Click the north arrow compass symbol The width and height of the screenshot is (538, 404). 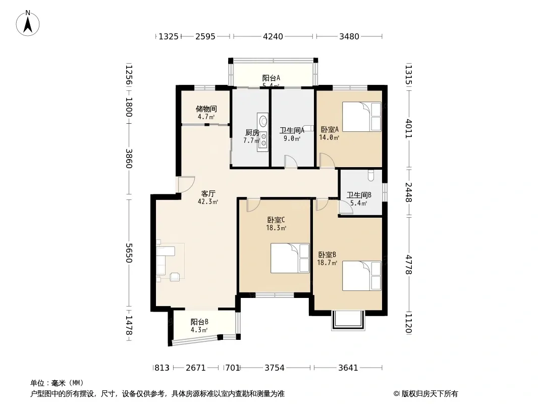(28, 23)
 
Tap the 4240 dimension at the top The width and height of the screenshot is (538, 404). (273, 36)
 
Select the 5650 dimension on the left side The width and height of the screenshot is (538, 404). (129, 253)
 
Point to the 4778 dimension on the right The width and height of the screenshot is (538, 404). (408, 264)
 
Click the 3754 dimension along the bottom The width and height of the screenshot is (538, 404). (275, 368)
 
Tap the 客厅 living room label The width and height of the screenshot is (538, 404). (208, 193)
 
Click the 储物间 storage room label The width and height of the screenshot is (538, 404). (206, 109)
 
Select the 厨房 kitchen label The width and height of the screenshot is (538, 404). (252, 132)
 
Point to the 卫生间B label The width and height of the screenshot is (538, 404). (359, 195)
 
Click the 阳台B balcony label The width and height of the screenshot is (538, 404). (199, 322)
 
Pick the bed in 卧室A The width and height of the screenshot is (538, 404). (362, 117)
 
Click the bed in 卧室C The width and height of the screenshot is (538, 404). (290, 258)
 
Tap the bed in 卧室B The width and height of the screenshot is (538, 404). (362, 276)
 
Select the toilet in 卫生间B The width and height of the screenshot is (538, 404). (370, 175)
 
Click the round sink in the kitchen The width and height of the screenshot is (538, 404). (263, 121)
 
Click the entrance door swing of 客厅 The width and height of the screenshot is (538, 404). (186, 184)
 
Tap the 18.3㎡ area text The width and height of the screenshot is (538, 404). (276, 228)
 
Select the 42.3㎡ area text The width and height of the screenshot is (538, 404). (208, 202)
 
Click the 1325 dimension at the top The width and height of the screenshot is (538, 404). (169, 36)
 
